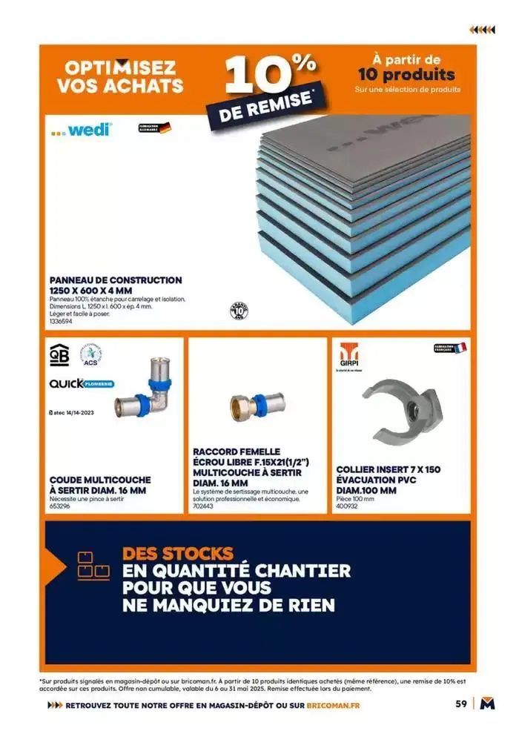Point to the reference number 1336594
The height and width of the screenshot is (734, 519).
click(x=61, y=321)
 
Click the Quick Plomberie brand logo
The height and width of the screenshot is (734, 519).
click(x=81, y=384)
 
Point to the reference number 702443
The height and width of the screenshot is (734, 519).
click(x=202, y=506)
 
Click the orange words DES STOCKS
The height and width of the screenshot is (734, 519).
click(x=178, y=553)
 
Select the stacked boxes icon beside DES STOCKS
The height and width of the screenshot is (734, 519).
click(x=93, y=565)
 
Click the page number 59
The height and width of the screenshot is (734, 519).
click(x=460, y=704)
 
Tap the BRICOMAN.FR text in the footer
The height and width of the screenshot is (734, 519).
click(x=334, y=705)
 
